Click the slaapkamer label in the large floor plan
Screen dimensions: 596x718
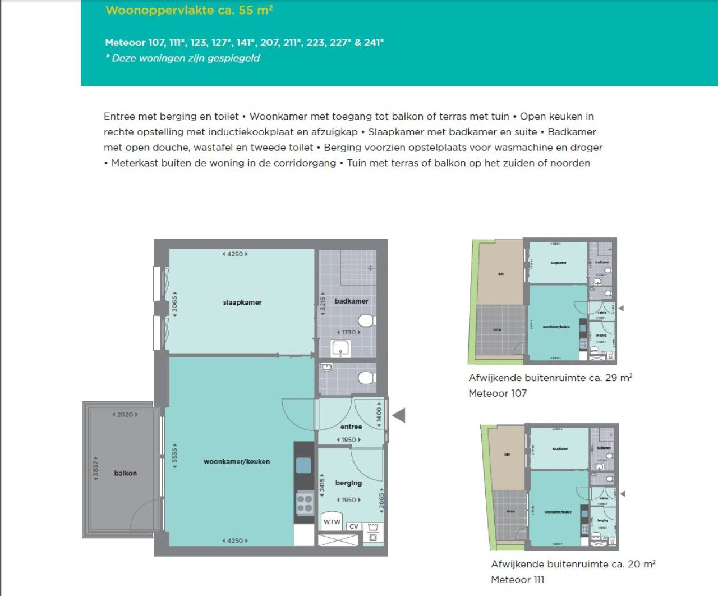[x=242, y=302]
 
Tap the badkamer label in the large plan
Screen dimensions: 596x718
[x=351, y=301]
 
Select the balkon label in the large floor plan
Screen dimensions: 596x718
[x=125, y=473]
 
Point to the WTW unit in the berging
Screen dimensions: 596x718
[x=332, y=522]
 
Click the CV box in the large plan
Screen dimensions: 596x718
[x=353, y=526]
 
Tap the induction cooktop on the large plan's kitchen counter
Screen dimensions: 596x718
[x=305, y=503]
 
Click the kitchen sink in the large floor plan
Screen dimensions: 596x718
[x=303, y=465]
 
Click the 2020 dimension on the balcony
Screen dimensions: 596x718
[x=125, y=415]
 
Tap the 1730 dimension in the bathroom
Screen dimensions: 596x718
[x=349, y=332]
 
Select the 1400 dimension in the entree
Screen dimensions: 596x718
[x=379, y=415]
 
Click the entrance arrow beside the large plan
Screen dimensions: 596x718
[x=399, y=416]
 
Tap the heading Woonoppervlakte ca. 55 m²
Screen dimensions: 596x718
[x=189, y=10]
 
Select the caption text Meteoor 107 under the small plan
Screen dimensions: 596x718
[x=498, y=393]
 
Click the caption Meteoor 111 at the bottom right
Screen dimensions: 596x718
[x=517, y=580]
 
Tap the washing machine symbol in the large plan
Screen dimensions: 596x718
[x=373, y=533]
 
